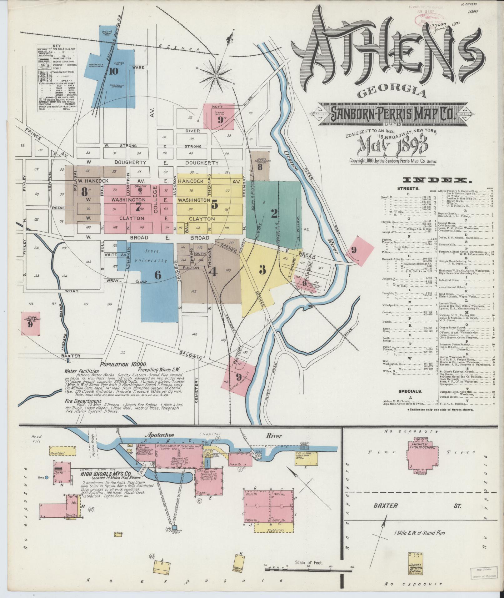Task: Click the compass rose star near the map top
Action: pos(215,76)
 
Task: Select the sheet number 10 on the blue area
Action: pos(113,72)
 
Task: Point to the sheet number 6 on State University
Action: pos(158,275)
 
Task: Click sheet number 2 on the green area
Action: pos(274,214)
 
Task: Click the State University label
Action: pos(152,256)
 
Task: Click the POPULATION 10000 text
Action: pos(123,364)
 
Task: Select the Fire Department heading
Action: pos(78,401)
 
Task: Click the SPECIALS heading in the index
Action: pos(410,391)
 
